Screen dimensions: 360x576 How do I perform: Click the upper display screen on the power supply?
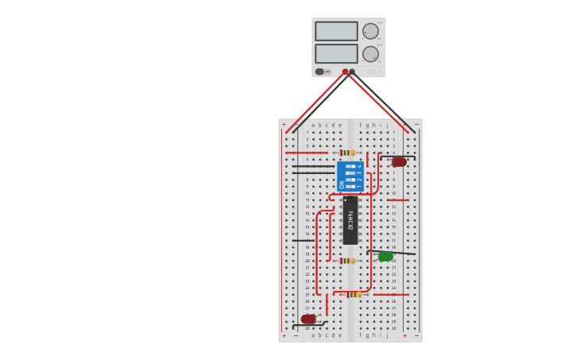(x=336, y=31)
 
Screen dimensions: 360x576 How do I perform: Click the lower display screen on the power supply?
(x=336, y=53)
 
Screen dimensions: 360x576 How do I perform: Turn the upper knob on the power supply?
(x=370, y=31)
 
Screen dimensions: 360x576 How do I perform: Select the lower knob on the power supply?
(x=370, y=54)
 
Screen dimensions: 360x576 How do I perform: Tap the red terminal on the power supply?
(x=345, y=72)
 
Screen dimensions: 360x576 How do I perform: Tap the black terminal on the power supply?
(x=352, y=72)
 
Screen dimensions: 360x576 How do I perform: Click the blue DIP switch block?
(x=350, y=176)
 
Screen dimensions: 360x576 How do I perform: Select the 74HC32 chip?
(x=350, y=220)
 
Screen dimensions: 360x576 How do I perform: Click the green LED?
(x=385, y=257)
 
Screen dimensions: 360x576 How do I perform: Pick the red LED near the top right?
(x=399, y=162)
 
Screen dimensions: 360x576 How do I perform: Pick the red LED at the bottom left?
(x=308, y=319)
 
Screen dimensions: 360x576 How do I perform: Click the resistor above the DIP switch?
(x=347, y=153)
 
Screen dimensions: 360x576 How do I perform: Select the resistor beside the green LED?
(x=347, y=261)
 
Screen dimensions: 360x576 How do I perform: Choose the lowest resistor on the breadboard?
(x=354, y=294)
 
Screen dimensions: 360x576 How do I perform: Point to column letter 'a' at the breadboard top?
(x=313, y=125)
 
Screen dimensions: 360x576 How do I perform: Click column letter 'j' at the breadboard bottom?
(x=387, y=335)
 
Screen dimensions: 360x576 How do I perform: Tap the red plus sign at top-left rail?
(x=284, y=124)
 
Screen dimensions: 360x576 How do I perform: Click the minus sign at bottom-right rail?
(x=416, y=335)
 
